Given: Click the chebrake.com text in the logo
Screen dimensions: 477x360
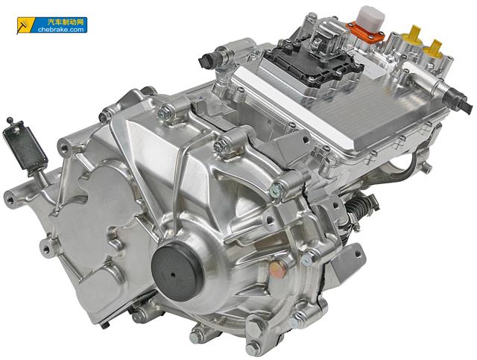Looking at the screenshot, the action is (61, 30).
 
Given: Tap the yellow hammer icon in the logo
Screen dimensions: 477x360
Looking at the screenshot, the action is (23, 25).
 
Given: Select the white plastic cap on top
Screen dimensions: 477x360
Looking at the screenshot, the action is (371, 18).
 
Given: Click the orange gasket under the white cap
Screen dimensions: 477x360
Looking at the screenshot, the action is (365, 34).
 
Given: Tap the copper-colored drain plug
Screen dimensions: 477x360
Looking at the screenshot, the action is (278, 269).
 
